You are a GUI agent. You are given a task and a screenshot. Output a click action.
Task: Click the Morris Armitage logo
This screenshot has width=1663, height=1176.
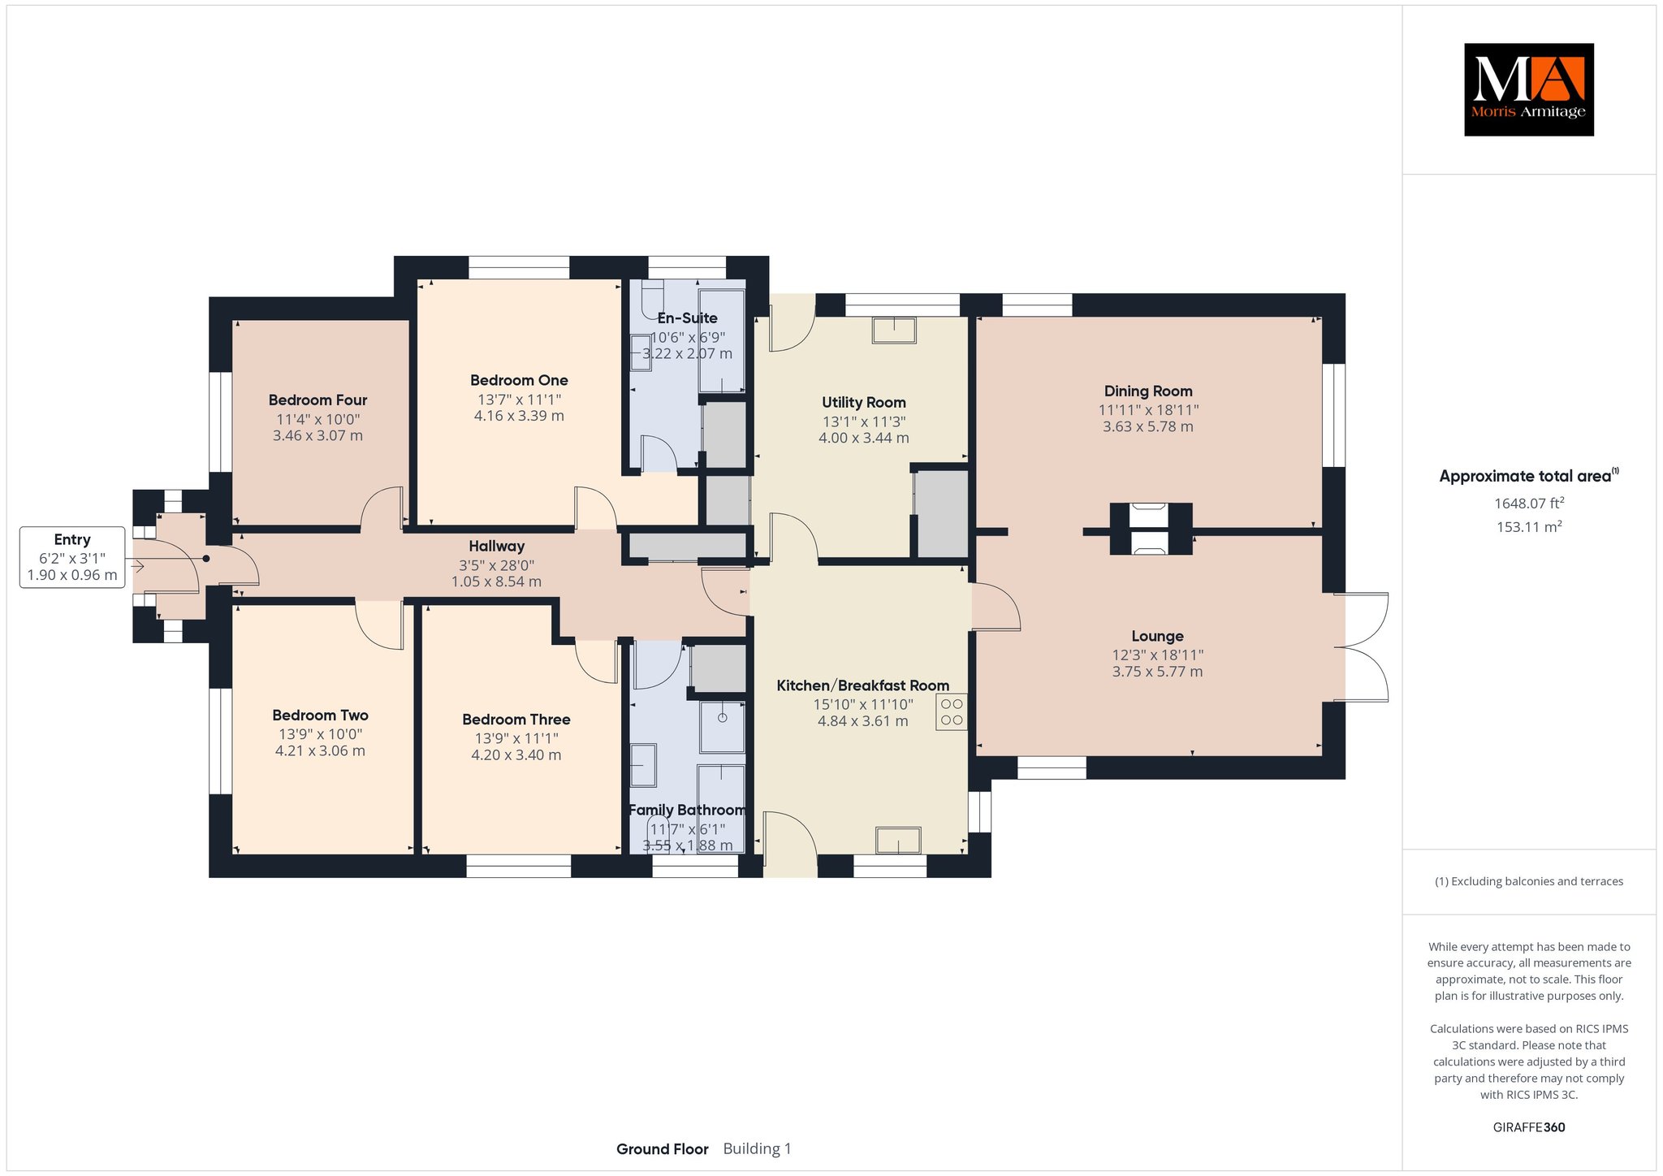tap(1528, 89)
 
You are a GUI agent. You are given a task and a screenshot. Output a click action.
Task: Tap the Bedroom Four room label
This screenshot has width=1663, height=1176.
tap(317, 400)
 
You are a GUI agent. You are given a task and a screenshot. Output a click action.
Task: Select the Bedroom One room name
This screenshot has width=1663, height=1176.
tap(519, 380)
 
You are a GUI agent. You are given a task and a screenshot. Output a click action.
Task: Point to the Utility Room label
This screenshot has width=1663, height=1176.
tap(863, 402)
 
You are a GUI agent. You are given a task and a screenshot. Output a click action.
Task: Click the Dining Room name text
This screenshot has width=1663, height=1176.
tap(1148, 391)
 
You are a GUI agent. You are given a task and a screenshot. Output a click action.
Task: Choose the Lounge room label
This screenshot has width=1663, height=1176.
tap(1157, 637)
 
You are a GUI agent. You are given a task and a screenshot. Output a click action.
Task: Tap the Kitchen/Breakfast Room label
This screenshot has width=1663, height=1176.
tap(862, 685)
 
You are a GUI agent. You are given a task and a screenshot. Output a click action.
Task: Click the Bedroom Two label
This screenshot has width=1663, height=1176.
tap(320, 716)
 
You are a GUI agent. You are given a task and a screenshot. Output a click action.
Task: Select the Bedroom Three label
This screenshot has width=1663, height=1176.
tap(516, 720)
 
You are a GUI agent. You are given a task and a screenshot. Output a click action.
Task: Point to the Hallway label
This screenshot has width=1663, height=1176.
tap(496, 547)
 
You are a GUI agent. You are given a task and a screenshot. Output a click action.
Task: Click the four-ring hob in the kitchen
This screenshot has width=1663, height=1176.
tap(952, 712)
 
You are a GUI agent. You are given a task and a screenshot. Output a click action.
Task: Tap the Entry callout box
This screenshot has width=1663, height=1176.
tap(72, 557)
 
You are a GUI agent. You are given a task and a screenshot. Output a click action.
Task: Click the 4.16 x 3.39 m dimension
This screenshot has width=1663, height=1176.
tap(519, 416)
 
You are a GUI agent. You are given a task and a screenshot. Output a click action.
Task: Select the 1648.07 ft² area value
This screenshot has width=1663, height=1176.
tap(1529, 503)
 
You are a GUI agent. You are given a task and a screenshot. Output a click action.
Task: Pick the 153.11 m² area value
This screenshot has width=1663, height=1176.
tap(1529, 526)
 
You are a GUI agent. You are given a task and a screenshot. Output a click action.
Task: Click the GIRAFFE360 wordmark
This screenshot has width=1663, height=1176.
tap(1529, 1127)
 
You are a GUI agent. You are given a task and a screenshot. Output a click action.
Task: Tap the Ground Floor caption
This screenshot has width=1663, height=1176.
tap(662, 1149)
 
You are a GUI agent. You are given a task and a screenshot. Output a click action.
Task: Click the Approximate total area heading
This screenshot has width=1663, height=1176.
tap(1529, 476)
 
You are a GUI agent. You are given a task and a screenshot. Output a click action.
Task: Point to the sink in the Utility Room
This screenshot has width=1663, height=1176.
tap(894, 331)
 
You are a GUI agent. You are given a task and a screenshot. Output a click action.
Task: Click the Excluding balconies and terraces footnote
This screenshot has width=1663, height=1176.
tap(1529, 881)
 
